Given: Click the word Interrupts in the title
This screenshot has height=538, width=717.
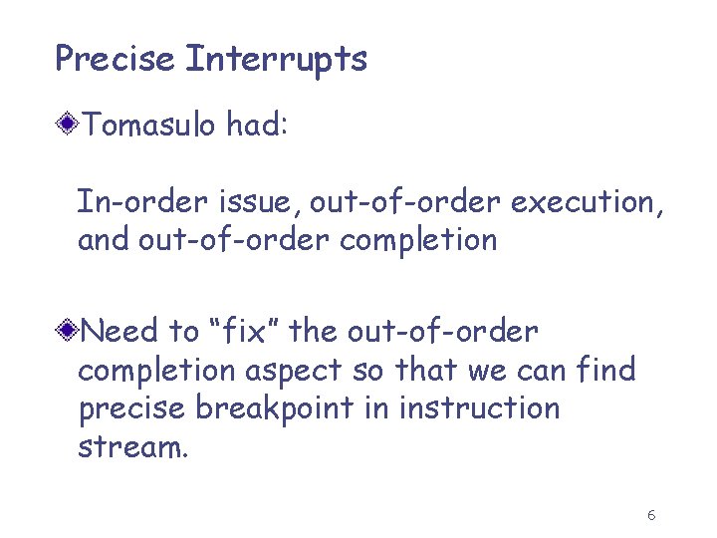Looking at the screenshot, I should click(x=276, y=60).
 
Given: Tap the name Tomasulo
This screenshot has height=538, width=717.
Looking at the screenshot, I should click(x=149, y=126).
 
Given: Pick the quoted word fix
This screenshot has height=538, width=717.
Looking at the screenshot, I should click(x=218, y=331).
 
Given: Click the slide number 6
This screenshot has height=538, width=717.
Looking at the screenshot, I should click(x=650, y=515).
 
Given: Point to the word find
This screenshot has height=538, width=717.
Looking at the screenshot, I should click(x=607, y=370).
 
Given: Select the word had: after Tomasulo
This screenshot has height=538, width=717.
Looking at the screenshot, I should click(x=257, y=126).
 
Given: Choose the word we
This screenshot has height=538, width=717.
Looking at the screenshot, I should click(x=487, y=370).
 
